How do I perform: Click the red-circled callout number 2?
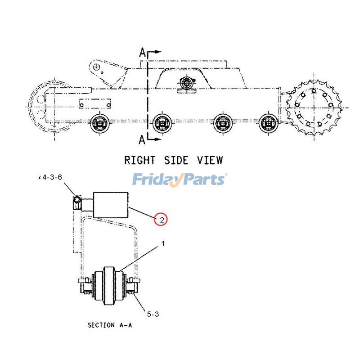click(x=160, y=219)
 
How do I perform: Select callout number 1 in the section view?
click(x=163, y=244)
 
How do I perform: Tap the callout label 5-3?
click(x=153, y=314)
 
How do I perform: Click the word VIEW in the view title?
click(x=210, y=160)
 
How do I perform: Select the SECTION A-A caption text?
click(x=110, y=325)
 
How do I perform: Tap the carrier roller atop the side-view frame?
click(x=186, y=84)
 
